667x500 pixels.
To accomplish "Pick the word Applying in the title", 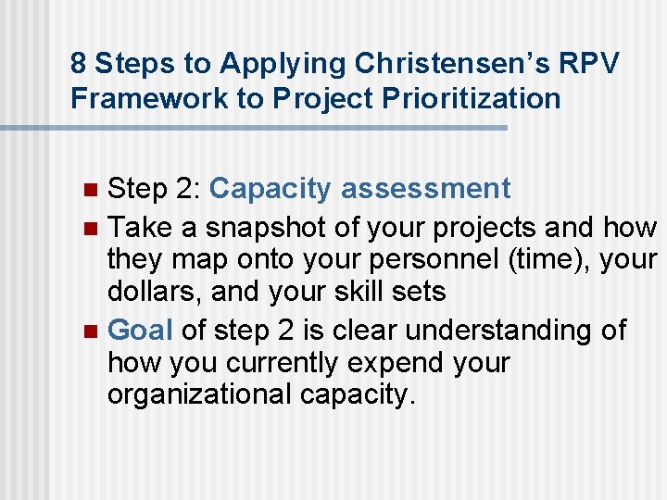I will point(286,64).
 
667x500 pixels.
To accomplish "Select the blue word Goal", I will point(141,330).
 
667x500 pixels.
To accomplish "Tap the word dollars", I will point(153,293).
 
